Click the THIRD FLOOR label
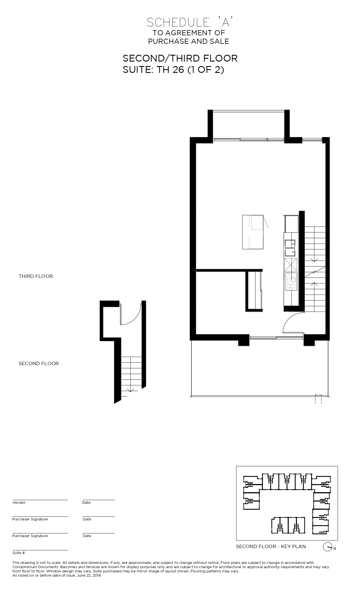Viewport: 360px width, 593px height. [x=36, y=276]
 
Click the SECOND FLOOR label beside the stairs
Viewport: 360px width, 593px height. [x=39, y=363]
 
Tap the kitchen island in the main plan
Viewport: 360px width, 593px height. [x=253, y=232]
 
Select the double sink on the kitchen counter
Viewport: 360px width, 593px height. [x=291, y=248]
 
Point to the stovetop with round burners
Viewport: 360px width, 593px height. [x=291, y=282]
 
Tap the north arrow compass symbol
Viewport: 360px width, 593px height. [x=327, y=547]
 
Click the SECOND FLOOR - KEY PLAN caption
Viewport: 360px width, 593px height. [x=271, y=546]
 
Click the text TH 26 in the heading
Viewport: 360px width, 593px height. [x=171, y=69]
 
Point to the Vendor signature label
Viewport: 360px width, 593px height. [x=19, y=503]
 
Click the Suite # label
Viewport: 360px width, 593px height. [x=19, y=553]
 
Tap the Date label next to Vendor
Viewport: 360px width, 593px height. [x=86, y=503]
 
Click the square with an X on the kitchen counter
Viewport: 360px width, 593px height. [x=291, y=264]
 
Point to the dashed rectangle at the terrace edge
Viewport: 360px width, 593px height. [x=318, y=399]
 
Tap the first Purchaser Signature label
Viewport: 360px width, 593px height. [x=30, y=519]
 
